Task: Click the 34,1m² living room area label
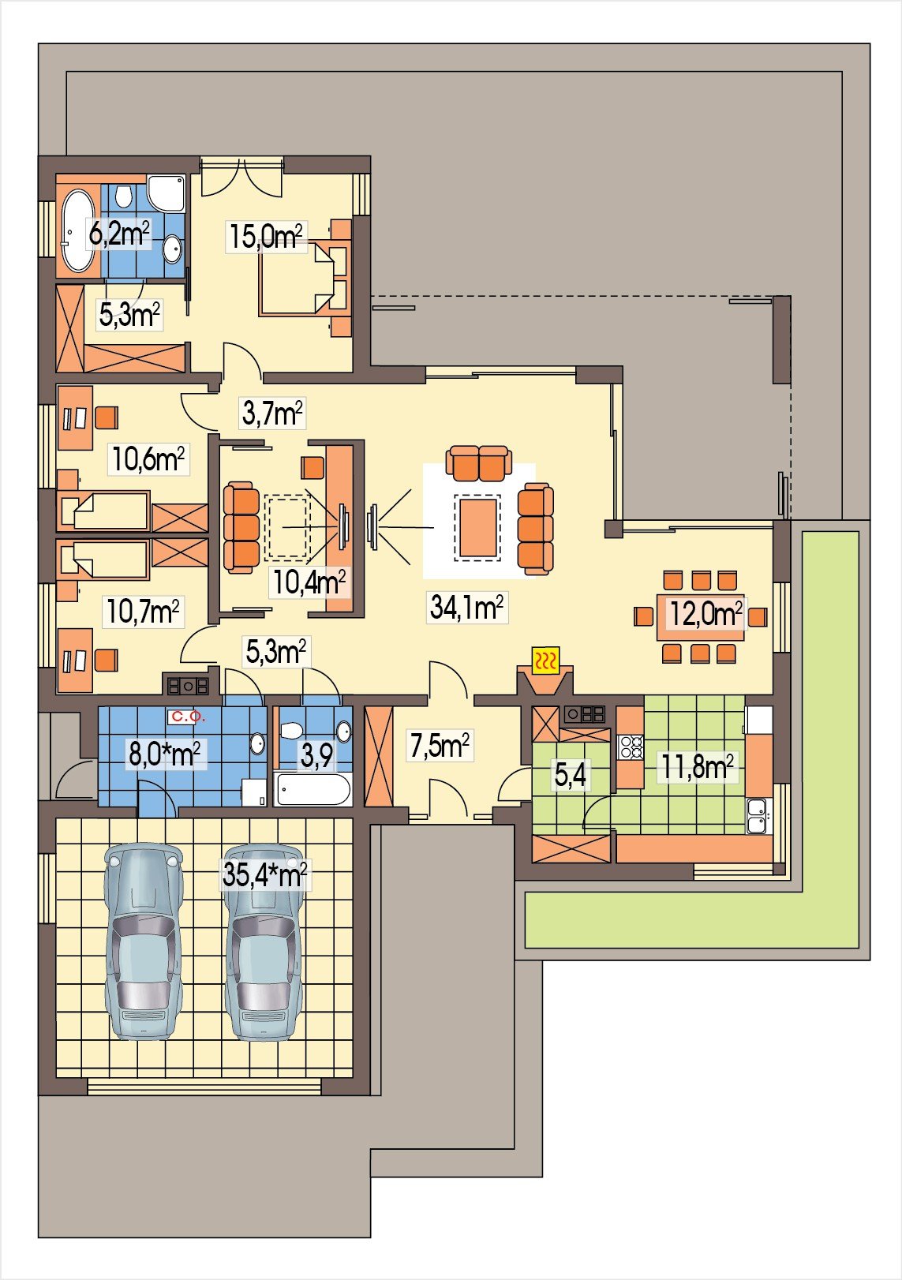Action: [466, 607]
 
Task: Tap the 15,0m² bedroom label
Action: [266, 236]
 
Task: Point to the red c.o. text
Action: [188, 717]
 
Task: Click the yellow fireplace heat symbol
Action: [546, 662]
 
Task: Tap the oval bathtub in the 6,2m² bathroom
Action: [78, 230]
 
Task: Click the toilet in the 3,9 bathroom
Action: [290, 731]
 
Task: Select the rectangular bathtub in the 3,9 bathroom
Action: [313, 789]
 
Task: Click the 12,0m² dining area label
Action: [706, 614]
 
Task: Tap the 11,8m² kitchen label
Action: [697, 767]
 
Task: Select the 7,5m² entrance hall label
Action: [440, 745]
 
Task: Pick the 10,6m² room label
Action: [148, 458]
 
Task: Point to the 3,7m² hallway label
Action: [272, 413]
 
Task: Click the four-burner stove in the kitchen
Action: [631, 747]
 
